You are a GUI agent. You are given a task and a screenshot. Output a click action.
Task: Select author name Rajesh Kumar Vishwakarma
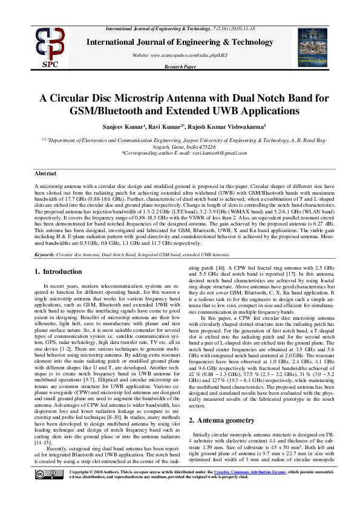pos(232,128)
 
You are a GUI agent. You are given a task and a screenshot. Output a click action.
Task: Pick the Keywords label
pos(48,255)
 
